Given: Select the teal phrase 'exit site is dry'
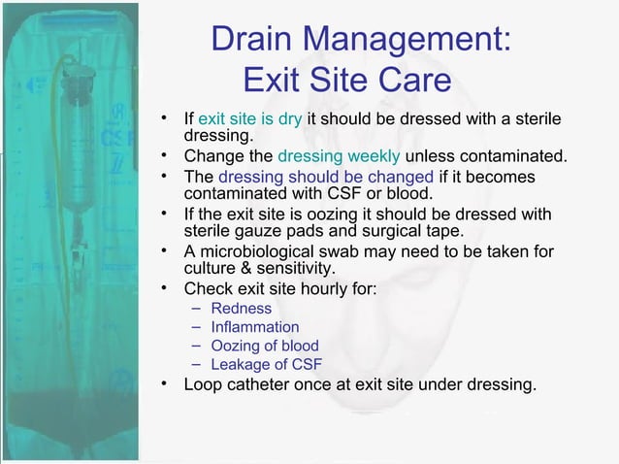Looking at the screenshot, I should click(250, 119).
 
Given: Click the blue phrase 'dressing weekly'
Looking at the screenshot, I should click(339, 156).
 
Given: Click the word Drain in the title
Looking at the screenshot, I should click(252, 39).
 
